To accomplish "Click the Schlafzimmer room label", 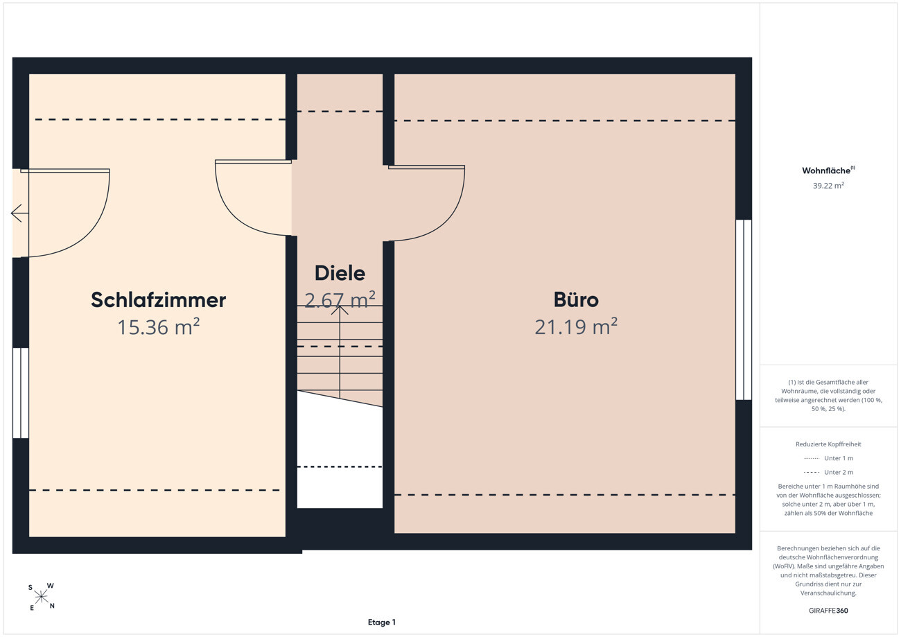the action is click(159, 300).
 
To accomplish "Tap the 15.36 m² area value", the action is click(159, 326).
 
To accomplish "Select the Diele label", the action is click(340, 274).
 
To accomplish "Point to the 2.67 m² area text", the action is click(340, 300).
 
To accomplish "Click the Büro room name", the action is click(576, 299).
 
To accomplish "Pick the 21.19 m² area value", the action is click(576, 326).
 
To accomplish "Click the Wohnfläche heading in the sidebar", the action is click(828, 171).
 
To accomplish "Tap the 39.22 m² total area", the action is click(828, 185).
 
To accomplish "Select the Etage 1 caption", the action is click(382, 622).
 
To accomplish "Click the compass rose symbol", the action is click(41, 597).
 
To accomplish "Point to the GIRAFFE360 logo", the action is click(828, 611).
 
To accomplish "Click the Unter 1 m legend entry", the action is click(828, 458).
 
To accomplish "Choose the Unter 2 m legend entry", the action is click(828, 472).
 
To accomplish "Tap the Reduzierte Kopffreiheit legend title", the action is click(828, 444).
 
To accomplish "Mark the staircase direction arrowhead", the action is click(340, 310).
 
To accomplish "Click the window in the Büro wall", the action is click(744, 310).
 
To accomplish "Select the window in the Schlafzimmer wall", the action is click(21, 393).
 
